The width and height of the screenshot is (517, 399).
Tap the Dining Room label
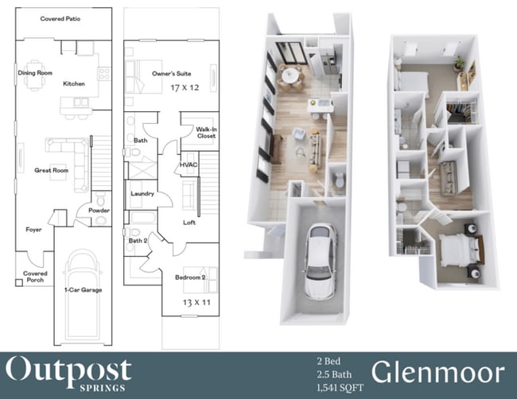click(x=34, y=73)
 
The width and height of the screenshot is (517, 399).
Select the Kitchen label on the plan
click(x=74, y=83)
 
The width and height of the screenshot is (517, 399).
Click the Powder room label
click(x=99, y=210)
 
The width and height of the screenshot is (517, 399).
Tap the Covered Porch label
click(x=36, y=277)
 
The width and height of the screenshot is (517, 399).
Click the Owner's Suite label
click(x=169, y=73)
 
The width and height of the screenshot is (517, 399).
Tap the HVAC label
click(x=189, y=165)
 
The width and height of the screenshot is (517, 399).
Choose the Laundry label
click(x=142, y=194)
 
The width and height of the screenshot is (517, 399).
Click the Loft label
click(x=189, y=223)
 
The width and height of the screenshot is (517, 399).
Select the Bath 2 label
click(x=138, y=240)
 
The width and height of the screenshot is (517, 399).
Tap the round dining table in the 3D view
click(x=291, y=73)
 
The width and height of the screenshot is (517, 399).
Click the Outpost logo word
click(x=69, y=369)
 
